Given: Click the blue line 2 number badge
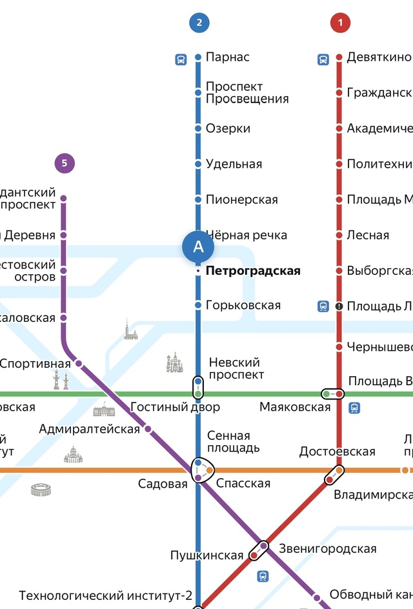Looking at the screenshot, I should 199,23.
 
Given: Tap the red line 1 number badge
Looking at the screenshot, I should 339,23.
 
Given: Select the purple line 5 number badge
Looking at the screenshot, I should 65,163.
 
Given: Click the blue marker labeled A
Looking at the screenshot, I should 198,246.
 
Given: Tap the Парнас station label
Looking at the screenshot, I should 227,57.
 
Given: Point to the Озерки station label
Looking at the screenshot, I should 228,128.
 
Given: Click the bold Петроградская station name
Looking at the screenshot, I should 253,271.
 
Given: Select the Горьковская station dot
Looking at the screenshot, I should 198,305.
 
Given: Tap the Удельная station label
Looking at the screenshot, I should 234,164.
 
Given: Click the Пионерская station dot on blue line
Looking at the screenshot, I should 198,199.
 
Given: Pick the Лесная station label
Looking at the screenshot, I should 368,235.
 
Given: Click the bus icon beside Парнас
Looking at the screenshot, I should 181,59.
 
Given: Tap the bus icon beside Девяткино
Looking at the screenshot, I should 323,59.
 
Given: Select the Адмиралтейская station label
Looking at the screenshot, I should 89,429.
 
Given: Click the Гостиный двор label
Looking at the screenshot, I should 175,407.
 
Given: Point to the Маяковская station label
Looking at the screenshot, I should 295,407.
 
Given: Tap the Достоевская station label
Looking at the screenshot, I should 337,452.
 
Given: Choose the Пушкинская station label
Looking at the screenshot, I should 206,555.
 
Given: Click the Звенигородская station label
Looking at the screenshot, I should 327,549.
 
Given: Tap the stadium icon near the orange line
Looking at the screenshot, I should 41,490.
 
